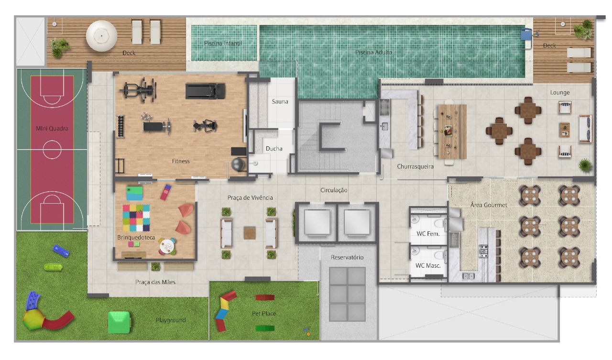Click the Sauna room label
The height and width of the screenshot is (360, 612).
tap(280, 102)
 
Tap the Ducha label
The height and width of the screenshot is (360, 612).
tap(274, 149)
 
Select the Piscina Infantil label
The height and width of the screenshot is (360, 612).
tap(223, 43)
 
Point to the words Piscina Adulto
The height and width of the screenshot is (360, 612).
tap(373, 52)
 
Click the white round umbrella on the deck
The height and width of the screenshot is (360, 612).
tap(101, 36)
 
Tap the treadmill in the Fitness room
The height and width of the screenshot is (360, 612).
tap(205, 91)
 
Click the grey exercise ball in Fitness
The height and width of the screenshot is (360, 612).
tap(238, 164)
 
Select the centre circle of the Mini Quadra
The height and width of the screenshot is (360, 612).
tap(52, 150)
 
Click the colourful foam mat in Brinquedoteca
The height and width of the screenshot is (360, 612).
tap(136, 218)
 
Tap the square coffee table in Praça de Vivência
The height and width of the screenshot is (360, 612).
tap(250, 233)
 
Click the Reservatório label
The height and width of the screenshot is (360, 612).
tap(347, 257)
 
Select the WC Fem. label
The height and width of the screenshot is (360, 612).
tap(428, 233)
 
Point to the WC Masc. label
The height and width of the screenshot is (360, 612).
tap(428, 265)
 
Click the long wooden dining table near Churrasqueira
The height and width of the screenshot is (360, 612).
tap(452, 131)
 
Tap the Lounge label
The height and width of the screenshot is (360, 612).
tap(560, 93)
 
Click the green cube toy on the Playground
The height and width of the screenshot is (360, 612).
tap(119, 322)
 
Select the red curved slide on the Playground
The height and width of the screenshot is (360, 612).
tap(58, 320)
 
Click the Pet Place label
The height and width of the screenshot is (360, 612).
tap(263, 313)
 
